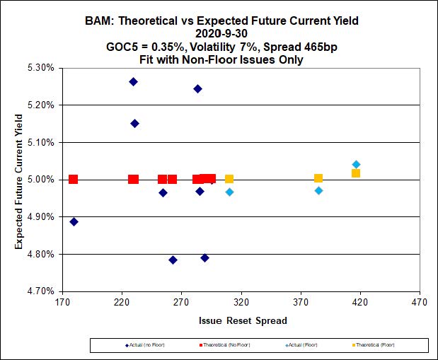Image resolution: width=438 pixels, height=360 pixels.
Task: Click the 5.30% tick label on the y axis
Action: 40,68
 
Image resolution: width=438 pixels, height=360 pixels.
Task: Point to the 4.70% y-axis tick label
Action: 40,291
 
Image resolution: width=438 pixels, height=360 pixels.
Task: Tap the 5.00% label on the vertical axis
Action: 40,180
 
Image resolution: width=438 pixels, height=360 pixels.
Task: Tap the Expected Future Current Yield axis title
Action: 19,179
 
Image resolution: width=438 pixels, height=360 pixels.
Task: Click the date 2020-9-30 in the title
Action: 219,33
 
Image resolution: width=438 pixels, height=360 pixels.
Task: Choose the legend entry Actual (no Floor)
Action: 145,344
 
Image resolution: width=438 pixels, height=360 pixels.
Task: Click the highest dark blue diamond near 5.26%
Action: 133,82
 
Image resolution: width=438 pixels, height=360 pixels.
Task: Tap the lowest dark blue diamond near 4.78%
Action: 173,260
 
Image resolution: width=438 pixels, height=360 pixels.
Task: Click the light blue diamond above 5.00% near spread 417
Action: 356,165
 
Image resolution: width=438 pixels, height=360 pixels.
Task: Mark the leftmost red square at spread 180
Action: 73,179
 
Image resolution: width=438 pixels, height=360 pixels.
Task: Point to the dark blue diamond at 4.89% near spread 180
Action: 74,221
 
